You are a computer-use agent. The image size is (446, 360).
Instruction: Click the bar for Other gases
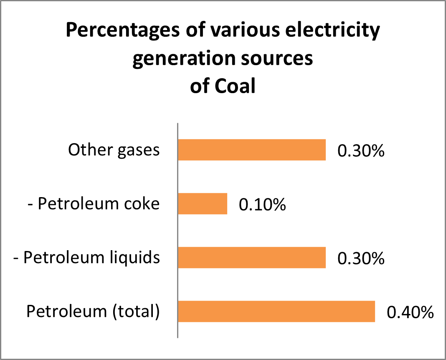tap(252, 150)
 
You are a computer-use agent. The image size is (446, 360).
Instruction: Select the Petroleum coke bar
tap(203, 204)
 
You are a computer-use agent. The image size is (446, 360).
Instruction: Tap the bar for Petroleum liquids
tap(252, 258)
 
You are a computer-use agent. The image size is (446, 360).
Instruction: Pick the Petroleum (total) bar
tap(276, 312)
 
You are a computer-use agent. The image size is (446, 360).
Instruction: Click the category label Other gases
tap(114, 150)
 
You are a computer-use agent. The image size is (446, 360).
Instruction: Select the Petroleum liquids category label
tap(87, 258)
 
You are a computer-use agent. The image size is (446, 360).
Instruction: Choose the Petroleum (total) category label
tap(93, 312)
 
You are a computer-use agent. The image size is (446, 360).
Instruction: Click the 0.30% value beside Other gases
tap(361, 151)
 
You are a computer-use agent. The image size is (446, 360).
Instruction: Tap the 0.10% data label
tap(262, 205)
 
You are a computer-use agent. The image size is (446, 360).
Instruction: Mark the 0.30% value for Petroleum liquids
tap(361, 259)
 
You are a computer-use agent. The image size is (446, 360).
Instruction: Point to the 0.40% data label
tap(410, 313)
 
